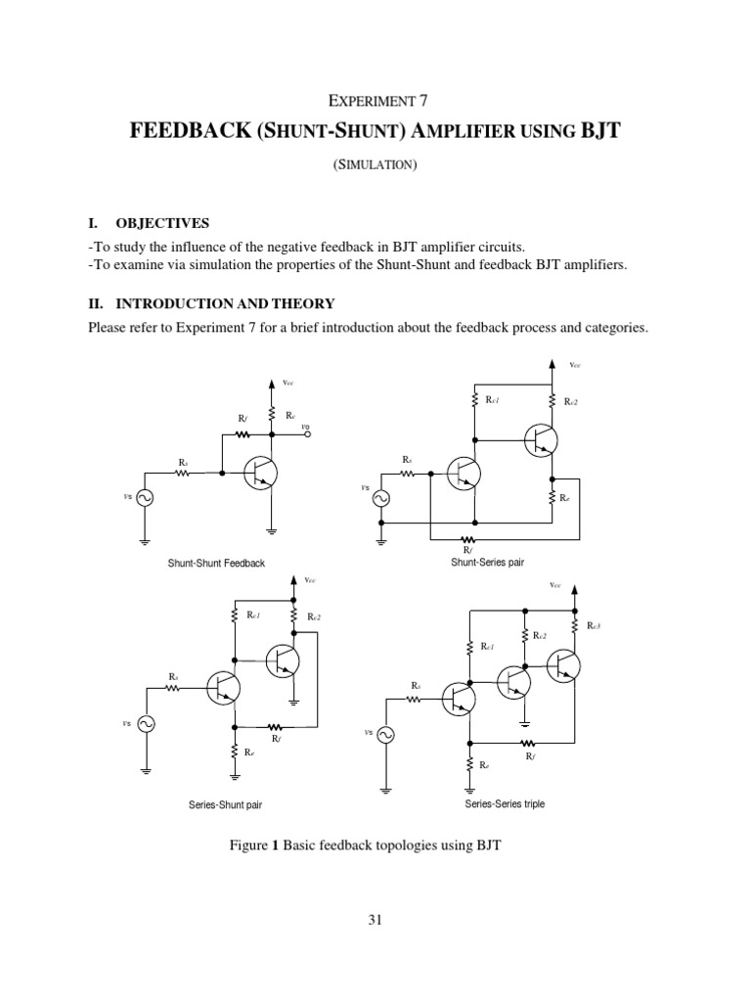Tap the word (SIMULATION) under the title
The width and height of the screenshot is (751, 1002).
pyautogui.click(x=376, y=164)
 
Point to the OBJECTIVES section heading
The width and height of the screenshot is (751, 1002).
pyautogui.click(x=159, y=223)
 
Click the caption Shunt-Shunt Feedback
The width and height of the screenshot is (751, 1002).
pyautogui.click(x=217, y=564)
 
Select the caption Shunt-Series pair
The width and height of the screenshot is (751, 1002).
pyautogui.click(x=486, y=563)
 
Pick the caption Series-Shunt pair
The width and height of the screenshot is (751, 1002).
pyautogui.click(x=225, y=805)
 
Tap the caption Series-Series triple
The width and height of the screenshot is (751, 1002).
pyautogui.click(x=504, y=803)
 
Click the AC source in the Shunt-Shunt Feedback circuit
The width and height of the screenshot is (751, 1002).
pyautogui.click(x=144, y=498)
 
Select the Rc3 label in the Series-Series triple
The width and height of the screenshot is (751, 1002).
pyautogui.click(x=594, y=625)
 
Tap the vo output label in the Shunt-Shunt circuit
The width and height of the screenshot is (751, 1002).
pyautogui.click(x=305, y=427)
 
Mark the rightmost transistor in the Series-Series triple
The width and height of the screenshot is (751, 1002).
pyautogui.click(x=564, y=665)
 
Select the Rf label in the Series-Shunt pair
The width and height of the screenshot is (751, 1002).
pyautogui.click(x=277, y=739)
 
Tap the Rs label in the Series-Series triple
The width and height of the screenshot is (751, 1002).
pyautogui.click(x=416, y=685)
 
